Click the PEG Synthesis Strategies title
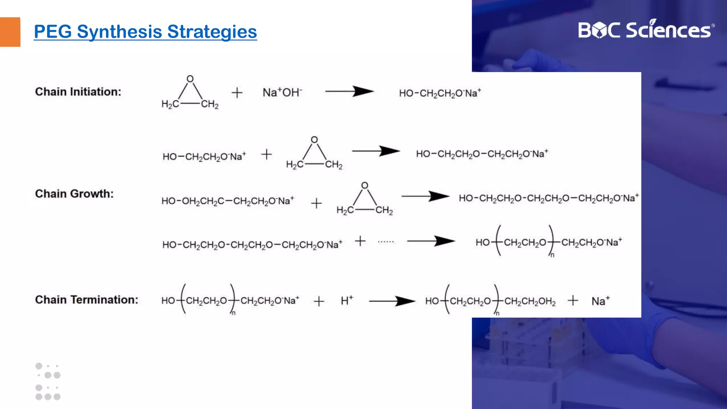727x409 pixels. pyautogui.click(x=145, y=32)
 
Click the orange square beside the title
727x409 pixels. pyautogui.click(x=10, y=32)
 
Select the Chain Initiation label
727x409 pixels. pyautogui.click(x=78, y=92)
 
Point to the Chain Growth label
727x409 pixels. pyautogui.click(x=74, y=193)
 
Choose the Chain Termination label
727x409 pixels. pyautogui.click(x=87, y=300)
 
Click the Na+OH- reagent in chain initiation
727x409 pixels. pyautogui.click(x=282, y=92)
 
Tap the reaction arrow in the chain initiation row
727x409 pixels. pyautogui.click(x=349, y=91)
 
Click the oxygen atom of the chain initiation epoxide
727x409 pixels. pyautogui.click(x=190, y=79)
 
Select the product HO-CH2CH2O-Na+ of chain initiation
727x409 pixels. pyautogui.click(x=440, y=93)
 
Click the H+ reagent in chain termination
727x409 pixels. pyautogui.click(x=346, y=301)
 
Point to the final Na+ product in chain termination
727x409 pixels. pyautogui.click(x=600, y=301)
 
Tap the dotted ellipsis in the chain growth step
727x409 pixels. pyautogui.click(x=386, y=242)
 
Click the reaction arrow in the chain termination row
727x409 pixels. pyautogui.click(x=392, y=301)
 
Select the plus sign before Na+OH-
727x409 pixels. pyautogui.click(x=237, y=93)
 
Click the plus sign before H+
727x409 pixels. pyautogui.click(x=319, y=301)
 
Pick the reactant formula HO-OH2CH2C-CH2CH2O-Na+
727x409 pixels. pyautogui.click(x=228, y=201)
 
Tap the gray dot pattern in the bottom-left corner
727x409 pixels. pyautogui.click(x=48, y=381)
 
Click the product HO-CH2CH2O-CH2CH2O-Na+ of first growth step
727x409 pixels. pyautogui.click(x=482, y=154)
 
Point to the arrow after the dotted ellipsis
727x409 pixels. pyautogui.click(x=431, y=241)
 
